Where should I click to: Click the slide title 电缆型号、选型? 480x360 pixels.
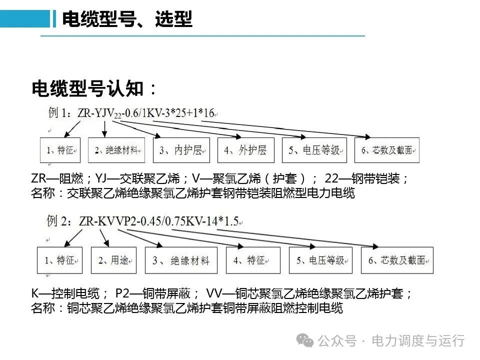click(x=127, y=19)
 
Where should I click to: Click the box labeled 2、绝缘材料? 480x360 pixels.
click(x=116, y=150)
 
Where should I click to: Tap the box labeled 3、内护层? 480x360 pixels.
click(x=181, y=150)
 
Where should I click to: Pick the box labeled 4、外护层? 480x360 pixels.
click(x=246, y=150)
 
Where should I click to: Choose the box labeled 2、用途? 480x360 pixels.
click(x=113, y=260)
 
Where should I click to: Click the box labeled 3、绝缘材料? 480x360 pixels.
click(x=181, y=260)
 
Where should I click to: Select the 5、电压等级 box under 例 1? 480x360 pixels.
click(x=314, y=150)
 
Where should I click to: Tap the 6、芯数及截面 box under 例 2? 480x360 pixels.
click(x=397, y=260)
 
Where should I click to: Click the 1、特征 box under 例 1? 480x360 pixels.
click(x=60, y=150)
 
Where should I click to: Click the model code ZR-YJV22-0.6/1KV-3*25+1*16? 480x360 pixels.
click(x=146, y=113)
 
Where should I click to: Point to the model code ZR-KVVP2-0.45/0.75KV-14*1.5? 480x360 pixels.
click(x=159, y=221)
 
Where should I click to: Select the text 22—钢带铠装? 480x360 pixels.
click(x=362, y=178)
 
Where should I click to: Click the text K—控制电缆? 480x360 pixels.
click(x=65, y=293)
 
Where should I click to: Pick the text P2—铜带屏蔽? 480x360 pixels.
click(x=153, y=293)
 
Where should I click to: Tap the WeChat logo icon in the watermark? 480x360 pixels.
click(x=304, y=340)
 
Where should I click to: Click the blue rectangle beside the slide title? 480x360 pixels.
click(x=25, y=19)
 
